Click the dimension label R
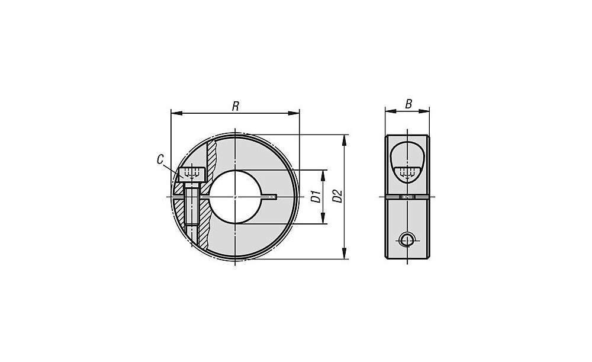[x=235, y=106]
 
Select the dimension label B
[x=408, y=104]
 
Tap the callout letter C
[x=160, y=159]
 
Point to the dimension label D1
[x=316, y=197]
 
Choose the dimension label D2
[x=337, y=196]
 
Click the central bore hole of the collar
[x=234, y=197]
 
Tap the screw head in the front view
[x=192, y=174]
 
